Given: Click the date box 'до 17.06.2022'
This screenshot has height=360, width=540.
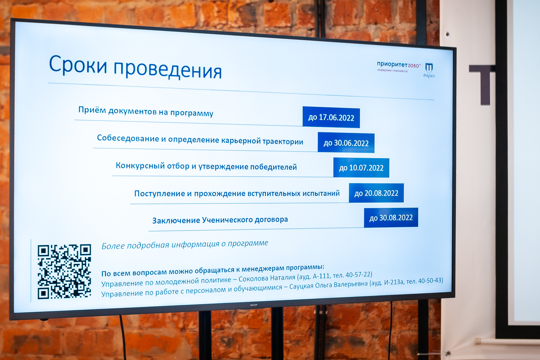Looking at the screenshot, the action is (331, 117).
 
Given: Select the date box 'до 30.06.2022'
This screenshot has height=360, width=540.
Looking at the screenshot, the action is (346, 143).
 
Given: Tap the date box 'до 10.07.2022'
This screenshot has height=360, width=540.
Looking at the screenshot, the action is (361, 168).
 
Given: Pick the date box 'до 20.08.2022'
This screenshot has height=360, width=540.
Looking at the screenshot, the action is (376, 193).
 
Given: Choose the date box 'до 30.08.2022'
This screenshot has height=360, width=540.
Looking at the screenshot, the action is (391, 218).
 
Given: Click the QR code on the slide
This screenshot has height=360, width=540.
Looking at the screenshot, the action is (64, 272).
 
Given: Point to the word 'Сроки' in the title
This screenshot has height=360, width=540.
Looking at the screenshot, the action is (78, 64).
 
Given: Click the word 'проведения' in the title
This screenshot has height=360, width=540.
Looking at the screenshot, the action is (167, 70).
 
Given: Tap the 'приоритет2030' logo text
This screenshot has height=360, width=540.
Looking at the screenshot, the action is (399, 65).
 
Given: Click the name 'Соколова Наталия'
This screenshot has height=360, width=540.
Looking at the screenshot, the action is (267, 278).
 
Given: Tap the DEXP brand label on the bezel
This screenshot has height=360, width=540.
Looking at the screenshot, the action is (253, 305).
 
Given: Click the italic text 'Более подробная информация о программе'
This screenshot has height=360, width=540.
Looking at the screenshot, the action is (185, 244).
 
